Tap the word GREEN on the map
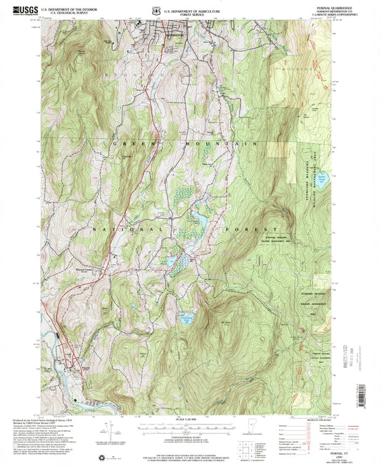[x=125, y=144]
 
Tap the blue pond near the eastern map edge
[x=322, y=179]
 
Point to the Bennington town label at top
[x=164, y=34]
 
